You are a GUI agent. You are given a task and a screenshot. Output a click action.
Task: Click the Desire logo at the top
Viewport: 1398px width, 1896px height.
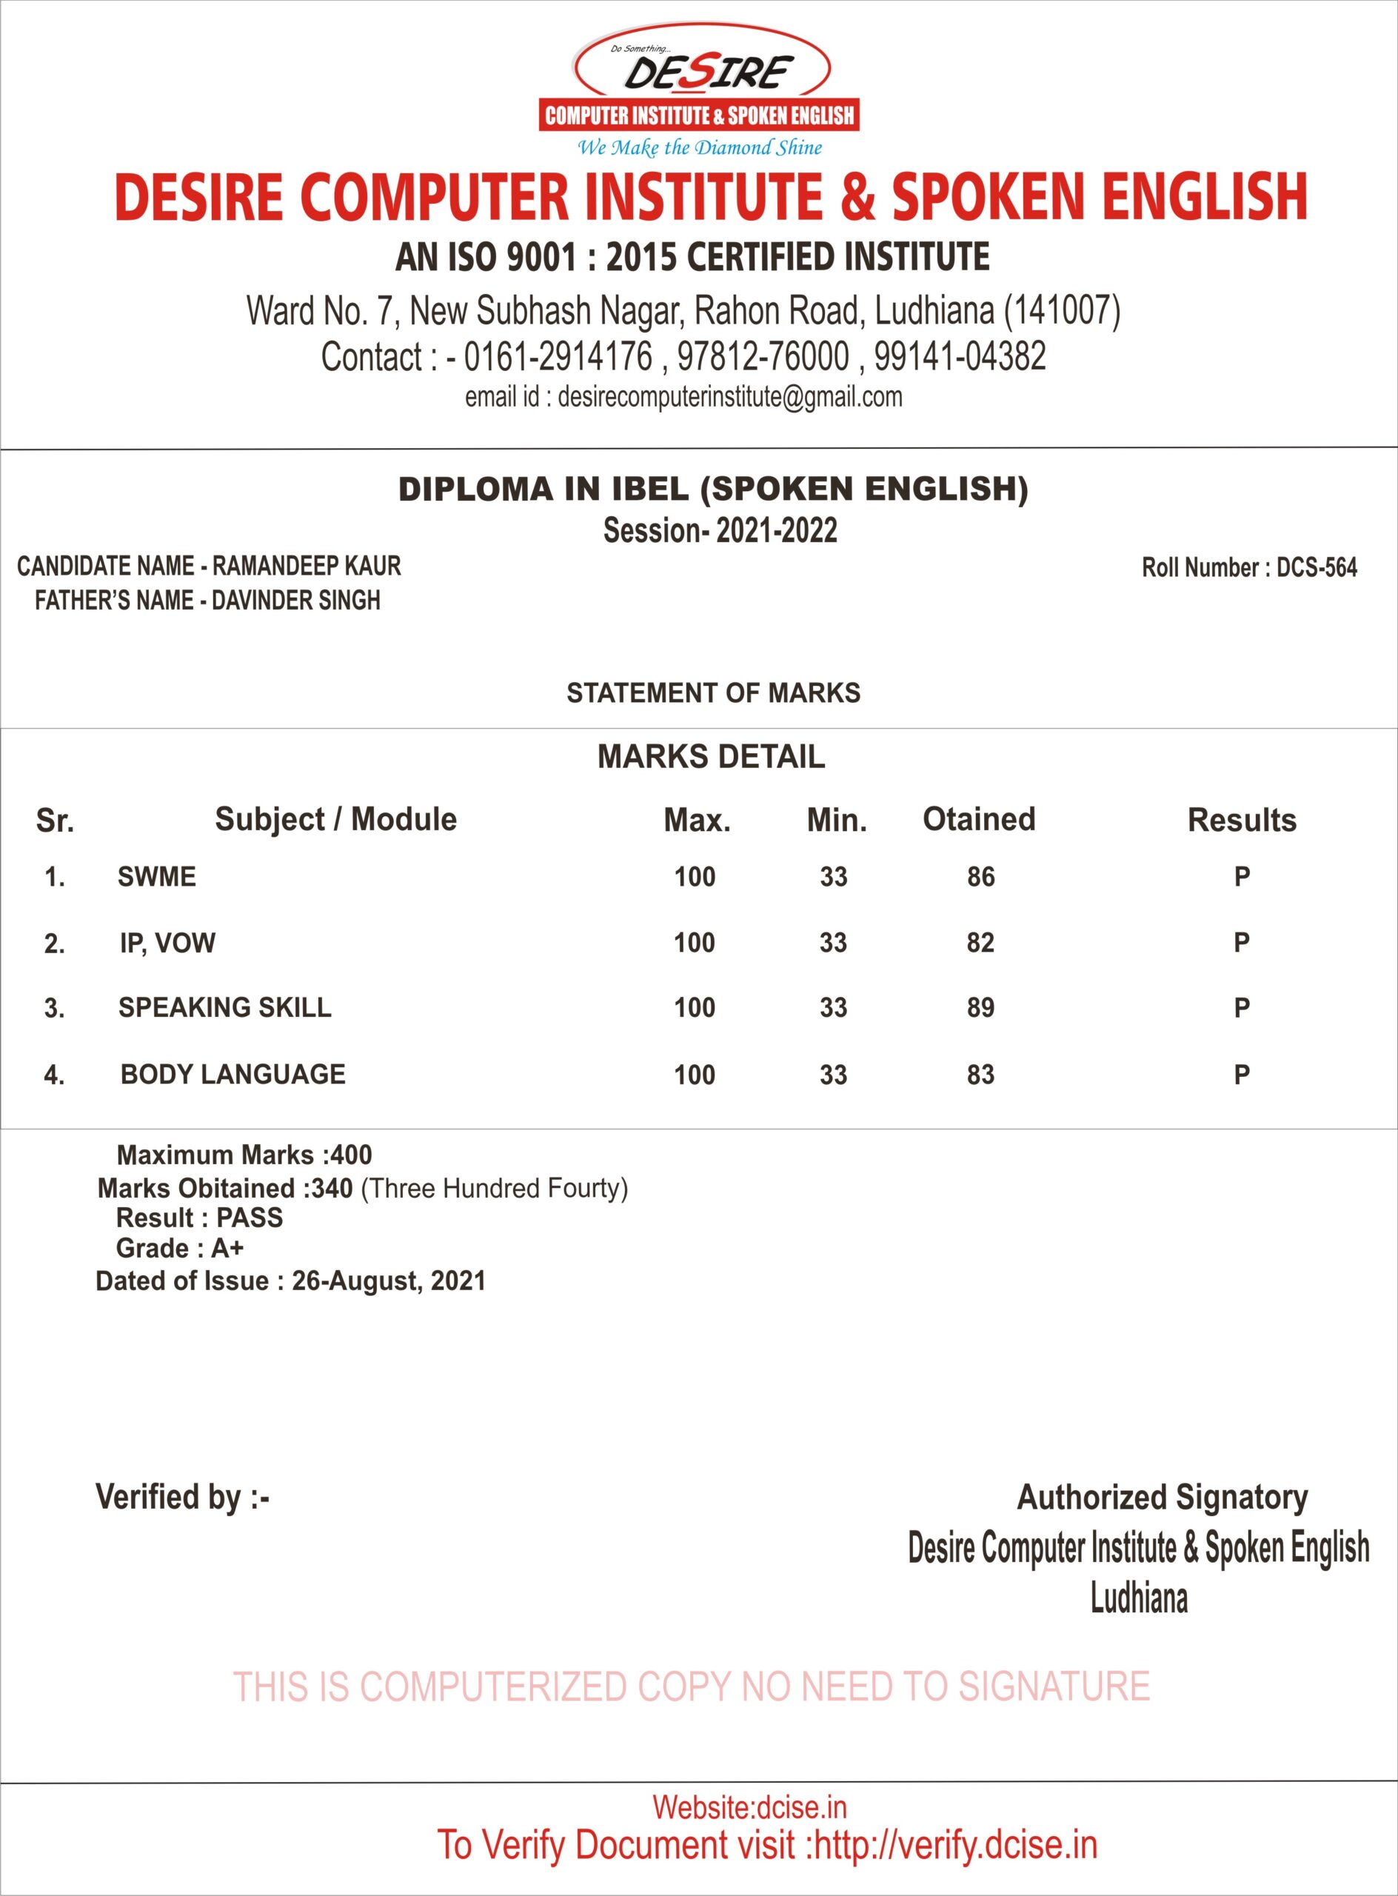click(x=700, y=90)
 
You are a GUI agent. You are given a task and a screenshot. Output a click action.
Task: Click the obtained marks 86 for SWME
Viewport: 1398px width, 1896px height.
click(x=981, y=877)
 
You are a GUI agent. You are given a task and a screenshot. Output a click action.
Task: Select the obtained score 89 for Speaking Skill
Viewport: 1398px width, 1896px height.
click(x=981, y=1008)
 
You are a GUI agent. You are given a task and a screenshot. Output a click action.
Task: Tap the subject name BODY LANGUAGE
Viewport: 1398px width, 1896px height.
click(x=233, y=1074)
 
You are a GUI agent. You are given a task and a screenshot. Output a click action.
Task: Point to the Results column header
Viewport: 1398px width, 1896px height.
click(x=1242, y=820)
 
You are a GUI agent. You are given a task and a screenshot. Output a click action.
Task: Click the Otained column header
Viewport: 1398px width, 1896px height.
click(x=979, y=819)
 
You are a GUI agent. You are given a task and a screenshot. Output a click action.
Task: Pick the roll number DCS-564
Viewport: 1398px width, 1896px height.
click(x=1316, y=567)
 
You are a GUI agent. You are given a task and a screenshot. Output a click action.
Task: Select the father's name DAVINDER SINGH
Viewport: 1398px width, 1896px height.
click(x=295, y=600)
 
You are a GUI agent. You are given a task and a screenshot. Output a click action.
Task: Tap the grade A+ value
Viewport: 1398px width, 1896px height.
click(x=227, y=1248)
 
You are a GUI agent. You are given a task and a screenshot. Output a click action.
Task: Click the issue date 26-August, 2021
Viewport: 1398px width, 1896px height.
click(x=389, y=1281)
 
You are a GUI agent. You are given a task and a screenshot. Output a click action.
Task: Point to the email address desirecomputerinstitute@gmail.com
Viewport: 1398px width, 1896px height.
click(x=729, y=397)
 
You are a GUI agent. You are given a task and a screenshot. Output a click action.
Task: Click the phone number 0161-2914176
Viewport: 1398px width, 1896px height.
click(x=558, y=356)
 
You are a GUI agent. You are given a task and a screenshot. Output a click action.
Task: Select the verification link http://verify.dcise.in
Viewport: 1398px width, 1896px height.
click(x=955, y=1845)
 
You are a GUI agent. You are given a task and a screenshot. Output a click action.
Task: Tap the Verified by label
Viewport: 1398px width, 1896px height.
click(x=182, y=1497)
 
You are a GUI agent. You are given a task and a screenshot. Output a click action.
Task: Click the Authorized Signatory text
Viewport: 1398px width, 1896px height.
click(x=1162, y=1497)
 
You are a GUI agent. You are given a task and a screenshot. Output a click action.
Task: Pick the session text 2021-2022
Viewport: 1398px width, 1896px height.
click(x=777, y=531)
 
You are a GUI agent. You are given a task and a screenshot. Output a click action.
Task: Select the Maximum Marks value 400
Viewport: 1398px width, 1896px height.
click(x=351, y=1155)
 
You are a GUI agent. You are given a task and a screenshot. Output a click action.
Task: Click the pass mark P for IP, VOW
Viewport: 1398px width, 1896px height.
click(x=1242, y=942)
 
